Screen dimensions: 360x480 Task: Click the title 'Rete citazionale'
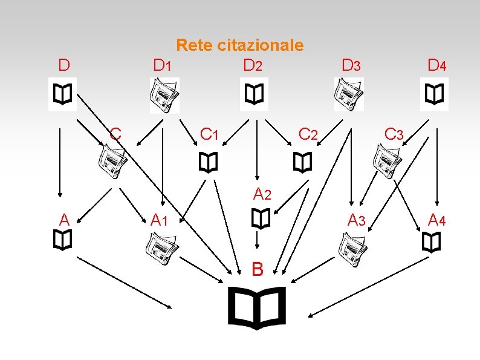pyautogui.click(x=239, y=45)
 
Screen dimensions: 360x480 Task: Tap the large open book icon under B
pyautogui.click(x=256, y=307)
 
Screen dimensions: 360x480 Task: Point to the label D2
pyautogui.click(x=253, y=65)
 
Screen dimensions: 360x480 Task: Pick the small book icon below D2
pyautogui.click(x=253, y=94)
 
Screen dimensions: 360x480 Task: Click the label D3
pyautogui.click(x=351, y=65)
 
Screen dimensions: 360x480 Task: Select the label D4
pyautogui.click(x=436, y=65)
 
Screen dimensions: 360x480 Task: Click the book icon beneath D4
pyautogui.click(x=434, y=94)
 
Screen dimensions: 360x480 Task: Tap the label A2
pyautogui.click(x=262, y=195)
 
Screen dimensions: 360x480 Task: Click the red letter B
pyautogui.click(x=258, y=269)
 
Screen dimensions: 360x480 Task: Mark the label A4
pyautogui.click(x=436, y=219)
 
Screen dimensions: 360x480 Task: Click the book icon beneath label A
pyautogui.click(x=62, y=241)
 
